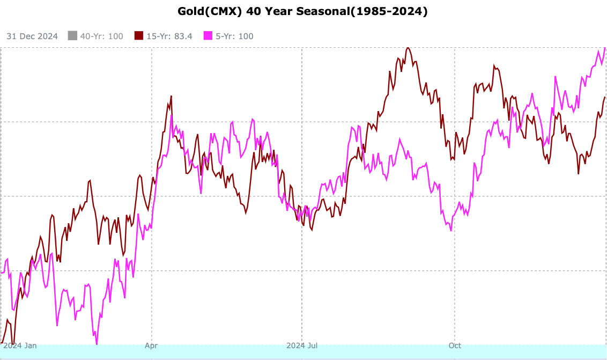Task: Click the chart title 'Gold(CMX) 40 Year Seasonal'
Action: [x=303, y=11]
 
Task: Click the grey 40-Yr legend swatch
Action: [x=73, y=36]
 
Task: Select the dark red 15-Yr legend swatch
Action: [x=139, y=36]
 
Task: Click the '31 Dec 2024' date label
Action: [x=32, y=36]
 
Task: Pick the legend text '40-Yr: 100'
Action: [x=101, y=36]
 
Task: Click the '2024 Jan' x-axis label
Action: [x=20, y=346]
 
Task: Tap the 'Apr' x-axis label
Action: [x=151, y=346]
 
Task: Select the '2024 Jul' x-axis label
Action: [x=302, y=346]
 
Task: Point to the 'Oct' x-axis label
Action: [x=455, y=346]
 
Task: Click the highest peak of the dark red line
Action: [x=408, y=48]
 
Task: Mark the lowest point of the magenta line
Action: [x=97, y=343]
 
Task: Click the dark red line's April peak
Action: [x=171, y=96]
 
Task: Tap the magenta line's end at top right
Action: [x=605, y=48]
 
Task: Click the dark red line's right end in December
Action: [x=605, y=97]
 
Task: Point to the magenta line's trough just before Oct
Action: [x=451, y=231]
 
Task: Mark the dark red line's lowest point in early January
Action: [x=13, y=343]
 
